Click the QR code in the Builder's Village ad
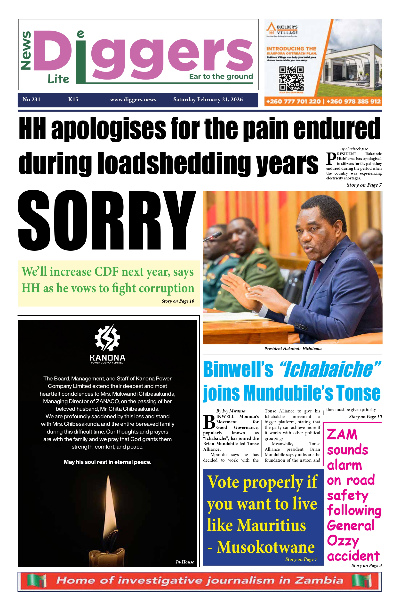(291, 78)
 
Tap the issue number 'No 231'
(31, 99)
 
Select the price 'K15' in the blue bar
(73, 99)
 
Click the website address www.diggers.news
(133, 99)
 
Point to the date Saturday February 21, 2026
(208, 99)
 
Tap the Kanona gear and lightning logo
(107, 337)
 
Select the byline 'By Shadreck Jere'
(354, 149)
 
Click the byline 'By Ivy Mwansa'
(231, 411)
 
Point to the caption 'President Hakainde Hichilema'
(293, 349)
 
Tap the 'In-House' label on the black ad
(185, 562)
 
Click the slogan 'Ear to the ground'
(221, 77)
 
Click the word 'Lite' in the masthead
(58, 79)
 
